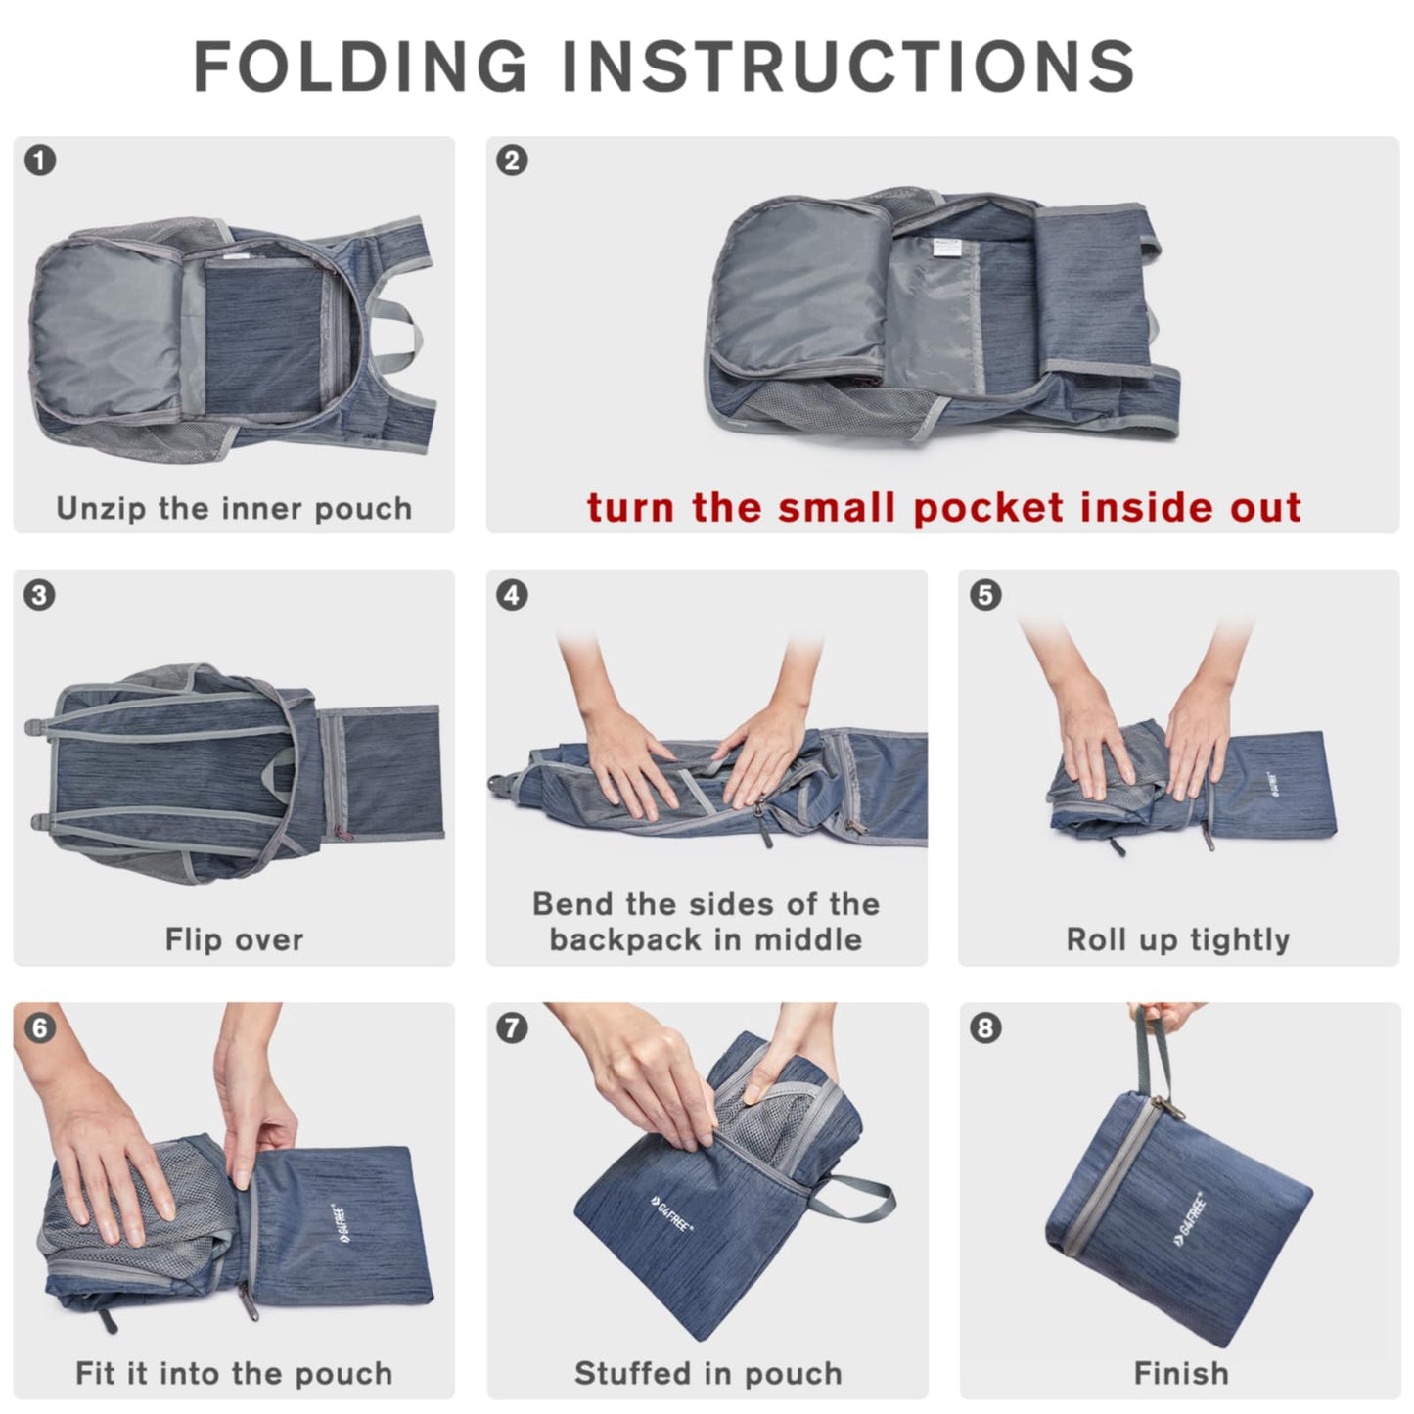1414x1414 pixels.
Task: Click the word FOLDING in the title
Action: click(360, 68)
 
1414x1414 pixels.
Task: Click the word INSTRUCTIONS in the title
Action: click(847, 68)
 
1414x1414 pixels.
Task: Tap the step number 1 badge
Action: click(40, 160)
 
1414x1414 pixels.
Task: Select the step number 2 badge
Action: click(513, 160)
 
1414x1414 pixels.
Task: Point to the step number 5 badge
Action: click(985, 594)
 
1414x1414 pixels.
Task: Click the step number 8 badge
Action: click(985, 1027)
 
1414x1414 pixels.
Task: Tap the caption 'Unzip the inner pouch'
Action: click(234, 508)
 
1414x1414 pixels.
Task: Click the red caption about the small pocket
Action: click(943, 508)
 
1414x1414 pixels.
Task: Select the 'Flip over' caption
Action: click(234, 939)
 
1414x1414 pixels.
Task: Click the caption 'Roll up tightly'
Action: click(1178, 939)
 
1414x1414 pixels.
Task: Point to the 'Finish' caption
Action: click(1181, 1373)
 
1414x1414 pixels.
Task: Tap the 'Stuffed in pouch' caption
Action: click(707, 1373)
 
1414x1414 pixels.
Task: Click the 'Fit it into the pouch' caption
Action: click(234, 1373)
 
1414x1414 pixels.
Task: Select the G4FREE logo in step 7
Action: click(671, 1212)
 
